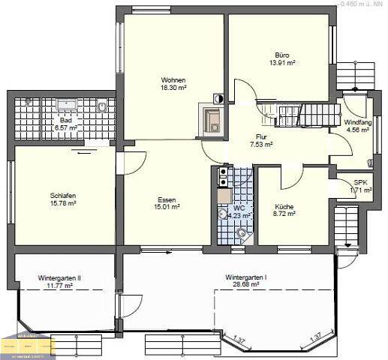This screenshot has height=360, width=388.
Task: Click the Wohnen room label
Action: click(x=173, y=80)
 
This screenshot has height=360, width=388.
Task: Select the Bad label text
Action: click(x=66, y=120)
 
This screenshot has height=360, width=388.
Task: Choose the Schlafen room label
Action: click(x=63, y=195)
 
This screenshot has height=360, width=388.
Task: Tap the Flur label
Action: click(x=261, y=137)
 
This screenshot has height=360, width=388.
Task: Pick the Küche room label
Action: click(x=284, y=206)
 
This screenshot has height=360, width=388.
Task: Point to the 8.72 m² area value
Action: click(x=284, y=214)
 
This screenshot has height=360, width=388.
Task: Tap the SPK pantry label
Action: click(x=360, y=182)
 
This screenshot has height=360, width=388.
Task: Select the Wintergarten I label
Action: click(x=246, y=277)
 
